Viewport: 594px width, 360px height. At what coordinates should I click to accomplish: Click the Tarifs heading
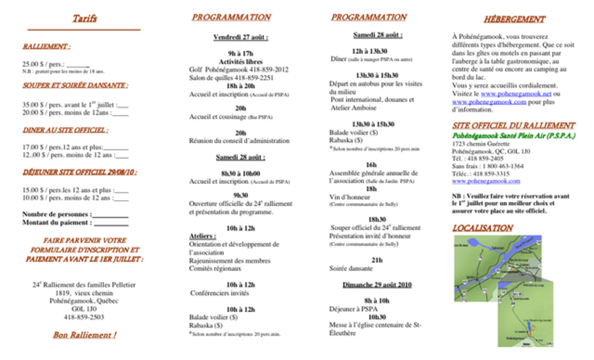(84, 19)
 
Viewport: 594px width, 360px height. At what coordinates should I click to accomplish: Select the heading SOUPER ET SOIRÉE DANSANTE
(75, 86)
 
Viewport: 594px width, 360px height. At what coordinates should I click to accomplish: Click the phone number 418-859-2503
(84, 317)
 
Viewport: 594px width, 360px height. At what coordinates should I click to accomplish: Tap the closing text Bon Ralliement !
(84, 335)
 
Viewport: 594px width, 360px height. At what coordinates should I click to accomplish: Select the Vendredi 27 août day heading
(241, 37)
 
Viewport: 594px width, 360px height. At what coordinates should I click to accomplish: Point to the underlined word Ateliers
(199, 236)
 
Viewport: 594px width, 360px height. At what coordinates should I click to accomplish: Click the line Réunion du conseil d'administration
(239, 141)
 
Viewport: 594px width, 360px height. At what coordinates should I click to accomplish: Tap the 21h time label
(377, 261)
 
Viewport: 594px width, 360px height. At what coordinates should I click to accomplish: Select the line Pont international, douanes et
(372, 99)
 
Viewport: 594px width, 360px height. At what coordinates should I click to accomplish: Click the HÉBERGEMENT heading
(514, 19)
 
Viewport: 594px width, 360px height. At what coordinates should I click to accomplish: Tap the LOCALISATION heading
(482, 228)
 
